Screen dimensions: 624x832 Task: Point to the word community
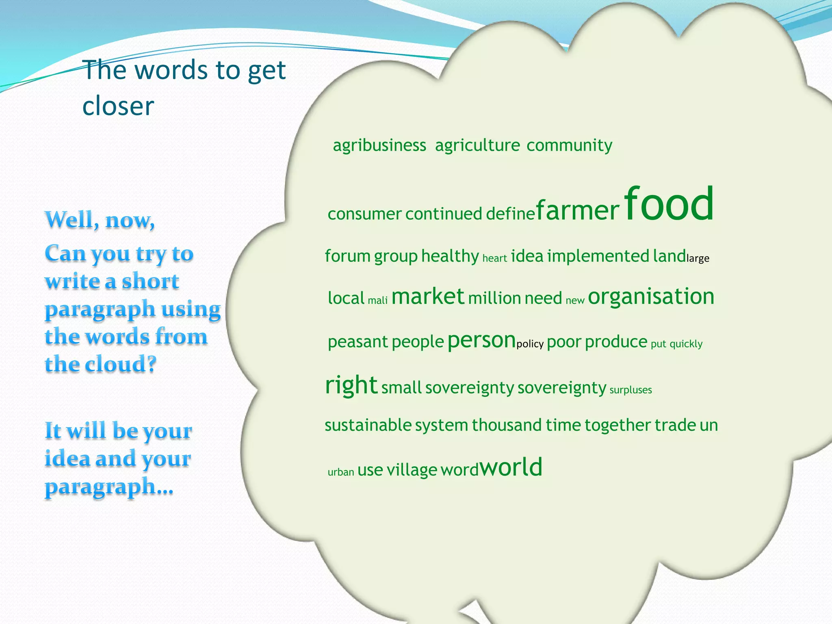click(x=569, y=145)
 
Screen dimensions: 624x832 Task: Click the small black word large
click(x=698, y=259)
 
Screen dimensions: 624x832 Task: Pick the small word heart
click(x=494, y=258)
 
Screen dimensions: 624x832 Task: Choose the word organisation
click(x=651, y=297)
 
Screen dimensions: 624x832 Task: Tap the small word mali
click(x=377, y=301)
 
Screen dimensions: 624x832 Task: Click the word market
click(x=427, y=297)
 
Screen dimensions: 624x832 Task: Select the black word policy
click(x=530, y=344)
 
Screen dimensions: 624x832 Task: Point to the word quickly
click(x=686, y=344)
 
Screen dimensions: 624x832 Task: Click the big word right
click(x=351, y=385)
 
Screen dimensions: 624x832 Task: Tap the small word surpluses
click(x=630, y=390)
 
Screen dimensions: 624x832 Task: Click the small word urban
click(x=340, y=472)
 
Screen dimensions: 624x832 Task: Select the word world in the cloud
click(x=511, y=467)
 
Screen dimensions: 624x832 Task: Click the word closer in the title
click(x=118, y=106)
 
